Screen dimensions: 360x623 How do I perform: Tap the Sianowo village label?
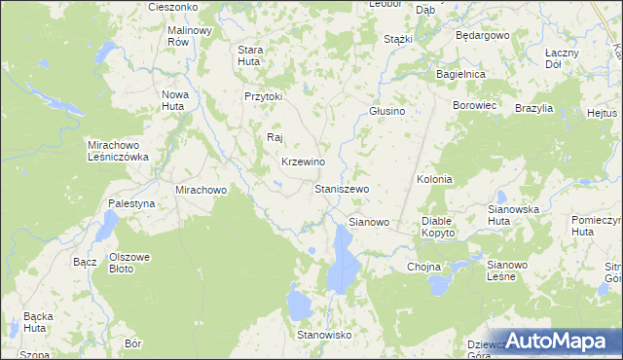click(x=369, y=222)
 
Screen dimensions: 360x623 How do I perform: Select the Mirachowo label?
click(x=201, y=190)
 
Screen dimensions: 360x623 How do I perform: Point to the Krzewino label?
click(x=303, y=162)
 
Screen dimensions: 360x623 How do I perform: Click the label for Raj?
click(x=275, y=137)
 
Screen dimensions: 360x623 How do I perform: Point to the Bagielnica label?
click(x=461, y=74)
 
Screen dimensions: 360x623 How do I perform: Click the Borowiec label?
click(x=475, y=104)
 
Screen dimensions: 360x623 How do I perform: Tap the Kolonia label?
click(x=434, y=180)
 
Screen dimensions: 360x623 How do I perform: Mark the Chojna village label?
click(x=424, y=267)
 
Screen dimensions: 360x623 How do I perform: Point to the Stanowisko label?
click(x=323, y=335)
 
